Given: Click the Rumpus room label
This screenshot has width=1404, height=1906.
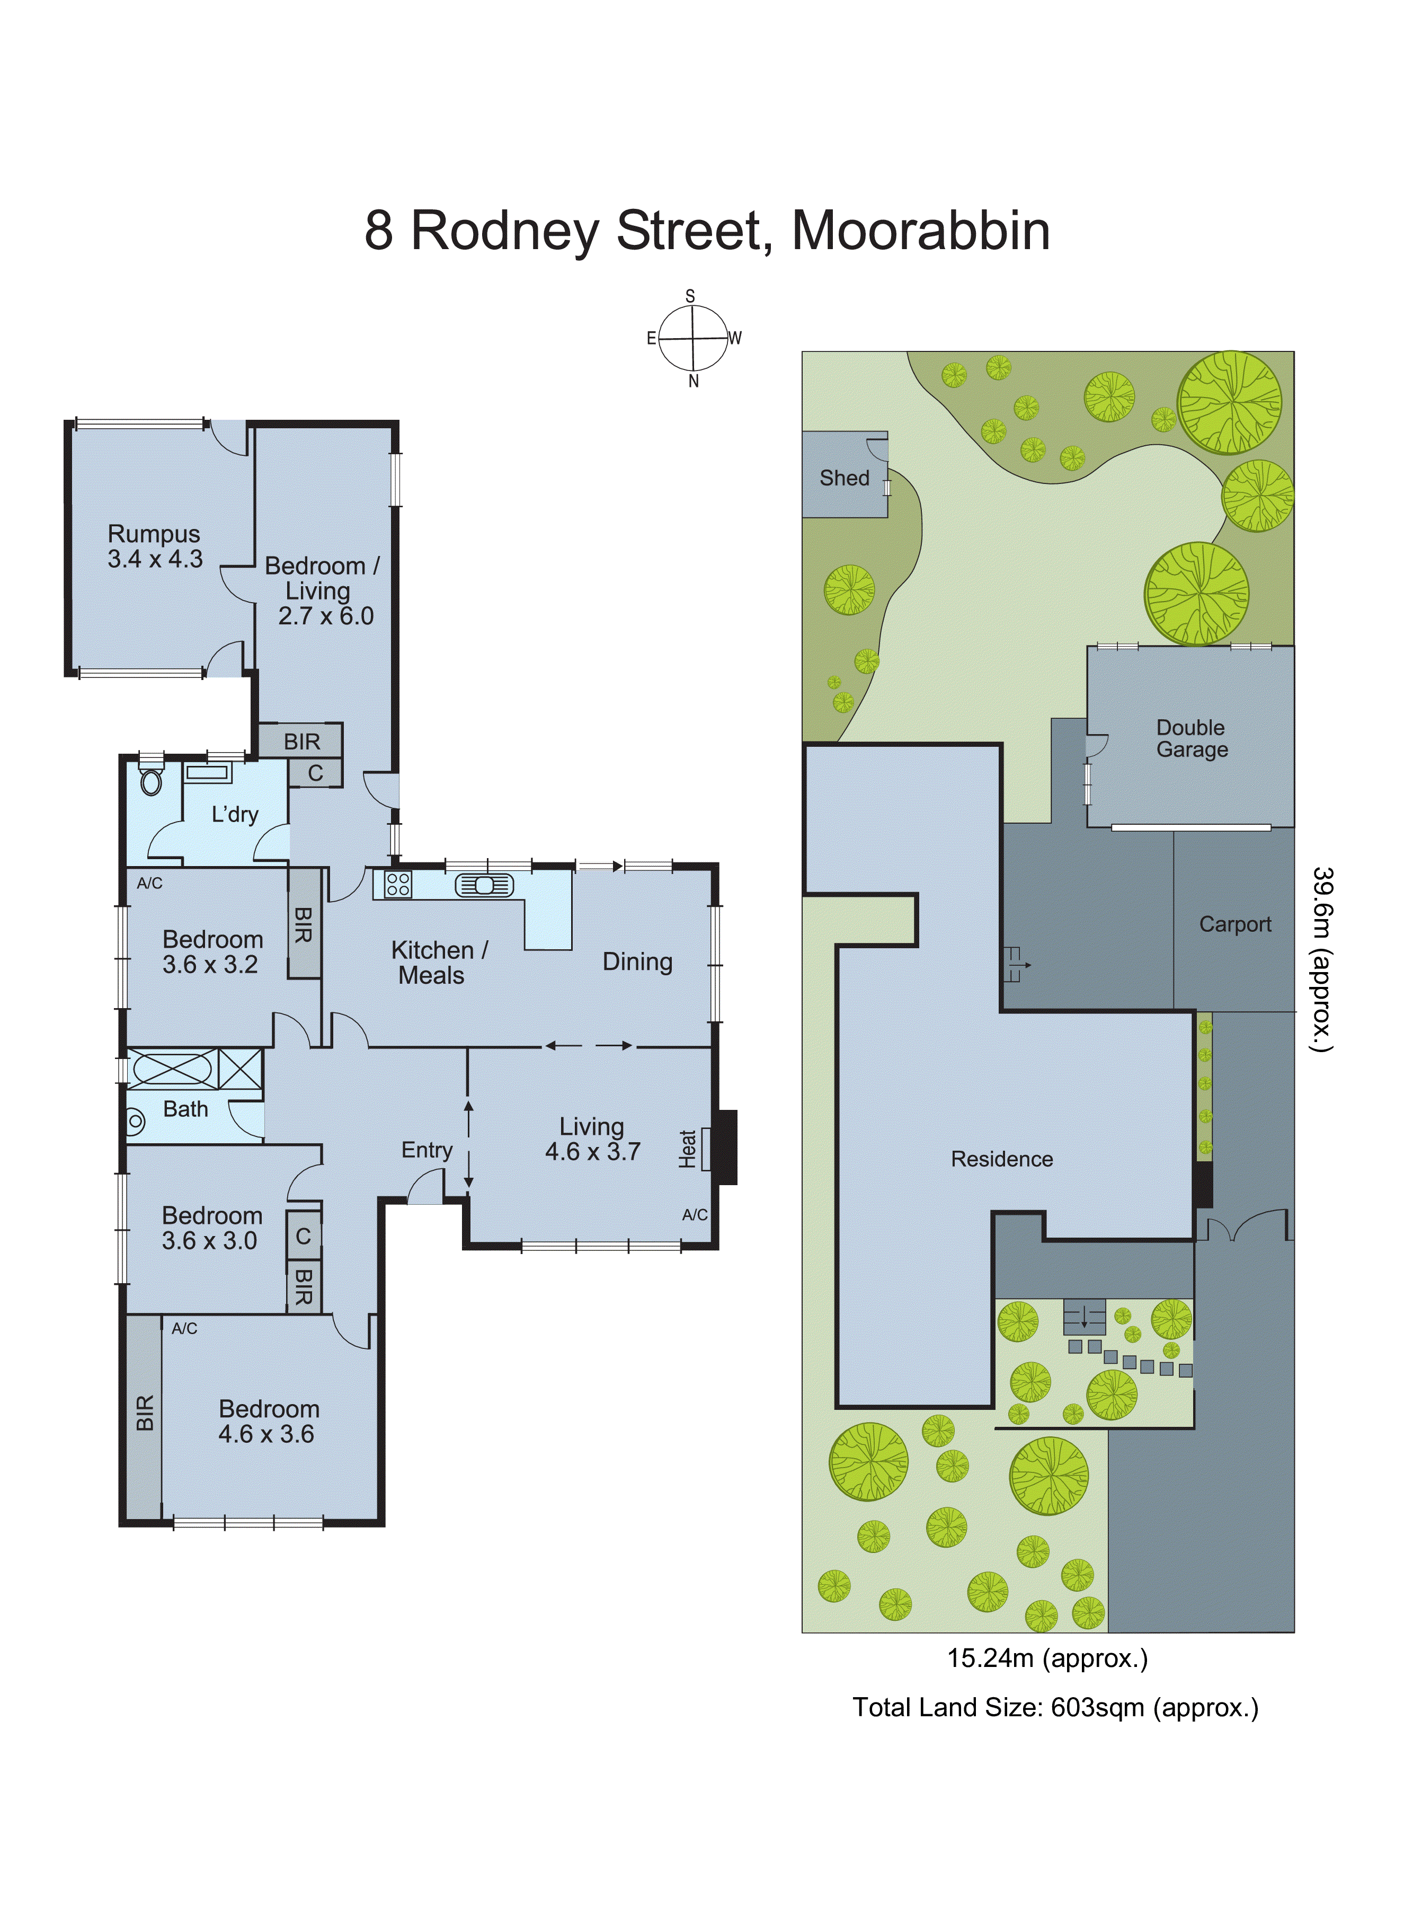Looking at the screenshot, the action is point(154,534).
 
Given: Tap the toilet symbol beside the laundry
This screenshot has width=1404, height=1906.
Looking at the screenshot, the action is point(152,781).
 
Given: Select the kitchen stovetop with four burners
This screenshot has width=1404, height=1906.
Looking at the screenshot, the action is point(398,884).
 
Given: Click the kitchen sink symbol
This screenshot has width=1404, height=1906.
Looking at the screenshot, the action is point(484,885).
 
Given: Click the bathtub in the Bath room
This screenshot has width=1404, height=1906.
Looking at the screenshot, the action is point(173,1069).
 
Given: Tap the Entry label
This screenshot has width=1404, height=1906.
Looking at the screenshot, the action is point(426,1150).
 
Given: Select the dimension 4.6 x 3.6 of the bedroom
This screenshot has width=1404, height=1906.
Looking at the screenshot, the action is point(266,1434).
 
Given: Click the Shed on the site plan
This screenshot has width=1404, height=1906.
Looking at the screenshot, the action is point(844,478).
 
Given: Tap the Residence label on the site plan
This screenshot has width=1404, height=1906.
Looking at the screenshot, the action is point(1001,1159).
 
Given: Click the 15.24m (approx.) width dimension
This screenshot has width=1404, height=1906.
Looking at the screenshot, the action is point(1047,1658).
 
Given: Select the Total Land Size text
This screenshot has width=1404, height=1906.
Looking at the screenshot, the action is point(1055,1707).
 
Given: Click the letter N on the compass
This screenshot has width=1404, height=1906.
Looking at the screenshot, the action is point(694,382).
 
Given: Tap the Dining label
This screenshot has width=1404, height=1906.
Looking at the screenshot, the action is point(637,961).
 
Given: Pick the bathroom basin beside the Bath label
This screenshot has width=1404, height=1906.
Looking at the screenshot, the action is point(136,1122).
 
